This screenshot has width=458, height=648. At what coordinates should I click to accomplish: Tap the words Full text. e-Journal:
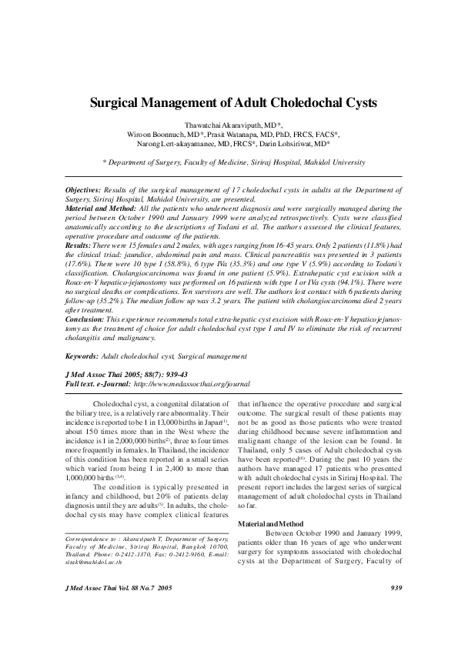88,383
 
